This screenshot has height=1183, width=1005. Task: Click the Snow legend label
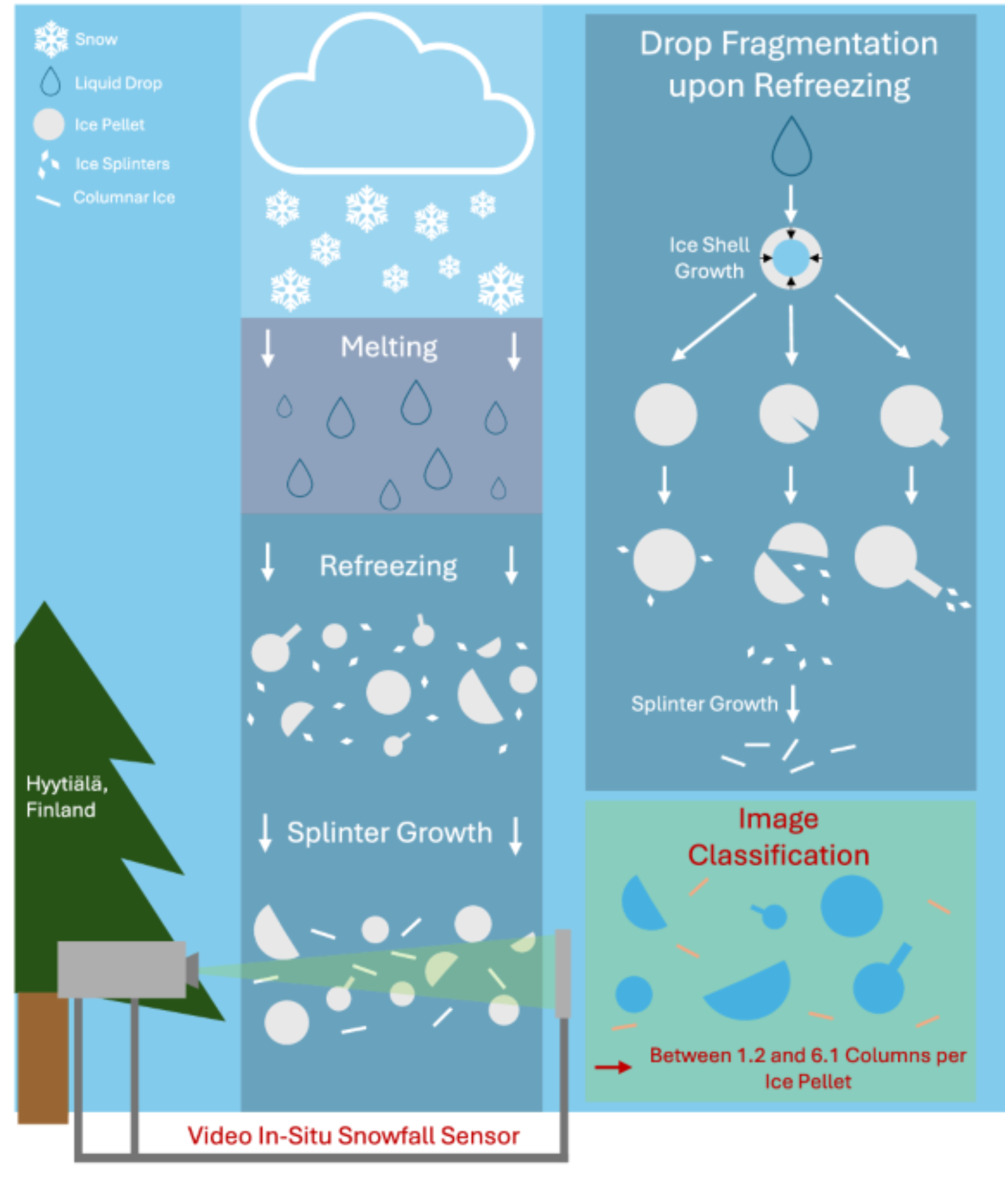point(96,40)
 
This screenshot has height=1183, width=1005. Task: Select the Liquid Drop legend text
point(118,83)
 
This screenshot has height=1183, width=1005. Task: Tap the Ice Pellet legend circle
point(49,124)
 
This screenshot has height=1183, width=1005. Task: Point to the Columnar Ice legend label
point(124,198)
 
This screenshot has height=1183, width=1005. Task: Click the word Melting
point(389,347)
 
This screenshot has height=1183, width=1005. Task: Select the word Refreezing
point(388,566)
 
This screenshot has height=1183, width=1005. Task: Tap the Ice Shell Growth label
point(709,258)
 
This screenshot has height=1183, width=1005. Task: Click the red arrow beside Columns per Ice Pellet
point(613,1067)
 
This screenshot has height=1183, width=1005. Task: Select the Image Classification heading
point(778,837)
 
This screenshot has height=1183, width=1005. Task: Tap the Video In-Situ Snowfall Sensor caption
point(353,1136)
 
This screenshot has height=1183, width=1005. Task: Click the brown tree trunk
point(43,1059)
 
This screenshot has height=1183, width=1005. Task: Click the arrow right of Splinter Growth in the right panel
point(793,704)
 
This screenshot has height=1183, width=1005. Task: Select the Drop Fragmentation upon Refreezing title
point(789,65)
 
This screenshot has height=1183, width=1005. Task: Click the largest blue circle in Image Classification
point(851,906)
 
